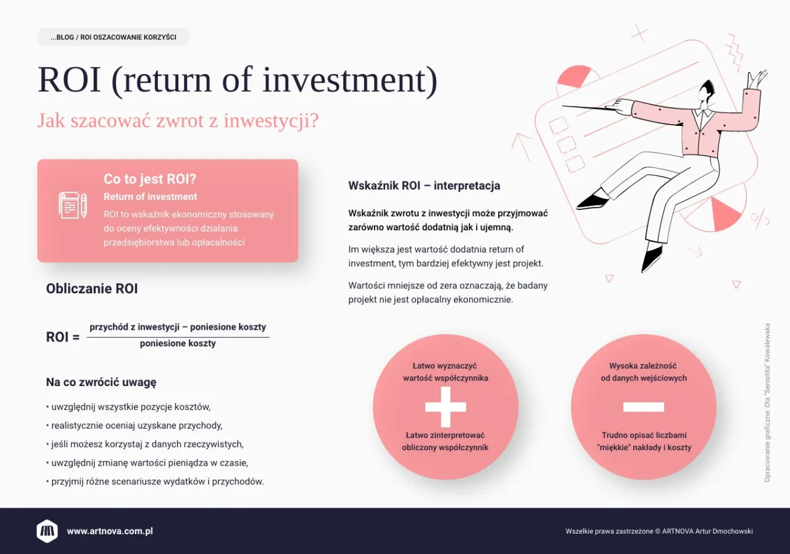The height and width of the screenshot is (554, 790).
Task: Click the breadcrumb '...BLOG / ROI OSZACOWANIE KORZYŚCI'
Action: pyautogui.click(x=113, y=37)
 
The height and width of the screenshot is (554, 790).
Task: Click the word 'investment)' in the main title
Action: pyautogui.click(x=350, y=80)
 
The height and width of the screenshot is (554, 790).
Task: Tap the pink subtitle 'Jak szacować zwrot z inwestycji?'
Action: pyautogui.click(x=178, y=120)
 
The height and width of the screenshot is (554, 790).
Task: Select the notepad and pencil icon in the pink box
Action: pyautogui.click(x=73, y=206)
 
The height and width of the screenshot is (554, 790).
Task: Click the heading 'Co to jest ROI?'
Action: pyautogui.click(x=149, y=179)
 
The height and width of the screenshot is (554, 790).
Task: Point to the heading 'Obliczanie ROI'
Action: pyautogui.click(x=92, y=288)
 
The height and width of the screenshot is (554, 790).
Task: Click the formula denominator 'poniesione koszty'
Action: pyautogui.click(x=178, y=343)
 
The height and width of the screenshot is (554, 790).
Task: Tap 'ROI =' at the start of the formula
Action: pyautogui.click(x=63, y=337)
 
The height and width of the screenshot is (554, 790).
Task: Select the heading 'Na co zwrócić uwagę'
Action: pyautogui.click(x=101, y=382)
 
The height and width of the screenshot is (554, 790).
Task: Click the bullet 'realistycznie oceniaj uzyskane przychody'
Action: pyautogui.click(x=135, y=426)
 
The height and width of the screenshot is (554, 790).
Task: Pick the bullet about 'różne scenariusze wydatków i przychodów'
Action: pyautogui.click(x=155, y=482)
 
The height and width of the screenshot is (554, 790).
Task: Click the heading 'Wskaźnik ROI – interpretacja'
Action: pyautogui.click(x=424, y=186)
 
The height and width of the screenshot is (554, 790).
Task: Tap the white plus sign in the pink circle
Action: pyautogui.click(x=446, y=407)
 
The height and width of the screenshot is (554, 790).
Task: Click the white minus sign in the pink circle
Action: pyautogui.click(x=644, y=407)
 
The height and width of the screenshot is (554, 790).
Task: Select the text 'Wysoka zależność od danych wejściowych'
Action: pyautogui.click(x=644, y=372)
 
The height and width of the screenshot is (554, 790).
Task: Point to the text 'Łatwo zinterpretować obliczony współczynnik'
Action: pyautogui.click(x=445, y=442)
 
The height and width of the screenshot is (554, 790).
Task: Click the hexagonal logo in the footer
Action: pyautogui.click(x=47, y=531)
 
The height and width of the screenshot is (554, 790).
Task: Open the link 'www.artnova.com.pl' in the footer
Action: pyautogui.click(x=110, y=531)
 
